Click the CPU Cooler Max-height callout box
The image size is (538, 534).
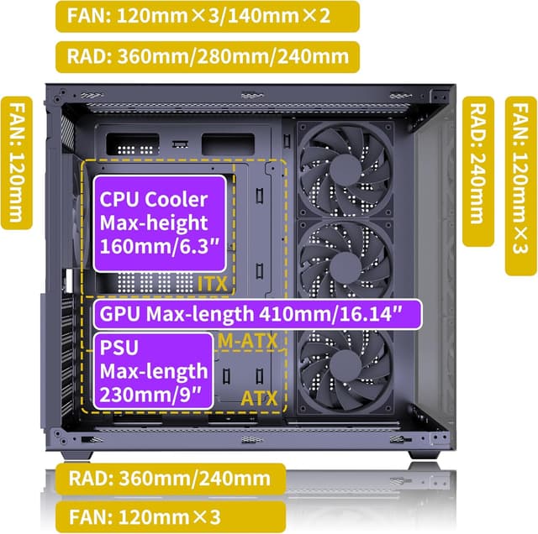[x=160, y=223]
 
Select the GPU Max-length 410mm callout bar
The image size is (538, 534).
[x=256, y=315]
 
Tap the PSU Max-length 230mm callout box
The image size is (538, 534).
[x=152, y=370]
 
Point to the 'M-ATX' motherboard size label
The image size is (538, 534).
[x=246, y=341]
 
